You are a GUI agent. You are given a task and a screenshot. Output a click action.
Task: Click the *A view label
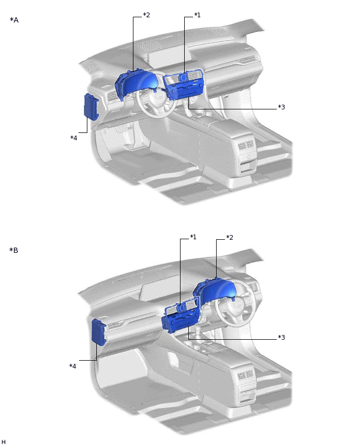tap(14, 20)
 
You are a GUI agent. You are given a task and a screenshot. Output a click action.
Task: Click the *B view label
tap(14, 250)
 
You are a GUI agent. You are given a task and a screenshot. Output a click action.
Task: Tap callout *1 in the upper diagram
tap(197, 15)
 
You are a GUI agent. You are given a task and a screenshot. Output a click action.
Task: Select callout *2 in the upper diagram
tap(147, 15)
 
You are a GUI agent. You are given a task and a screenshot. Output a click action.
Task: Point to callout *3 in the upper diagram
tap(281, 107)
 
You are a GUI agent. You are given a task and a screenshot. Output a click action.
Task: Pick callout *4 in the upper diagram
tap(74, 138)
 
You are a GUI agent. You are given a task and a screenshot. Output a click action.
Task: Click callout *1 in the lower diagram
tap(194, 237)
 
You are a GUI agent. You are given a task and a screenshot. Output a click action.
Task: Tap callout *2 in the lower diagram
tap(230, 238)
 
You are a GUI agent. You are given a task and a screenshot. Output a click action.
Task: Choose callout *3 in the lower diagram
tap(281, 337)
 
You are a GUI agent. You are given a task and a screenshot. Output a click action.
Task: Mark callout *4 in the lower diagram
tap(73, 366)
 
